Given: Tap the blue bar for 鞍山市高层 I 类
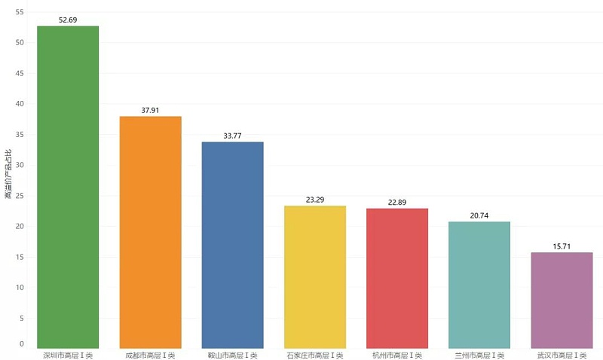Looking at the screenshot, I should (x=232, y=245).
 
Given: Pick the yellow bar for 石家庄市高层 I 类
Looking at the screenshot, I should (x=315, y=276).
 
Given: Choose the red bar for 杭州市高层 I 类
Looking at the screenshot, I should (x=397, y=278).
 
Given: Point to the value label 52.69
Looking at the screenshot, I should (x=68, y=20).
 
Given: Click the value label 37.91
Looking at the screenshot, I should (x=150, y=110).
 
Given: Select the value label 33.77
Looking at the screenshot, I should (x=232, y=136).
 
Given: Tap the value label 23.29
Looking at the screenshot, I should (x=315, y=200).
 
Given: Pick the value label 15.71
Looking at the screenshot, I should (x=562, y=246).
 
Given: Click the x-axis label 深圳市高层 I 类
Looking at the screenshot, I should (x=68, y=355).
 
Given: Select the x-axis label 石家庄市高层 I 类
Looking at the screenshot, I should (x=315, y=355).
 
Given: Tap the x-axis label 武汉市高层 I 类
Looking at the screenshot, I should (x=562, y=355).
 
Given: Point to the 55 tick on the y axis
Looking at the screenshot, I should (x=19, y=12).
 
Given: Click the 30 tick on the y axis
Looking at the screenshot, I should (x=19, y=165).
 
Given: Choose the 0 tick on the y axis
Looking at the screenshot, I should (x=22, y=344).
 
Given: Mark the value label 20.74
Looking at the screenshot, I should (x=479, y=215).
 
